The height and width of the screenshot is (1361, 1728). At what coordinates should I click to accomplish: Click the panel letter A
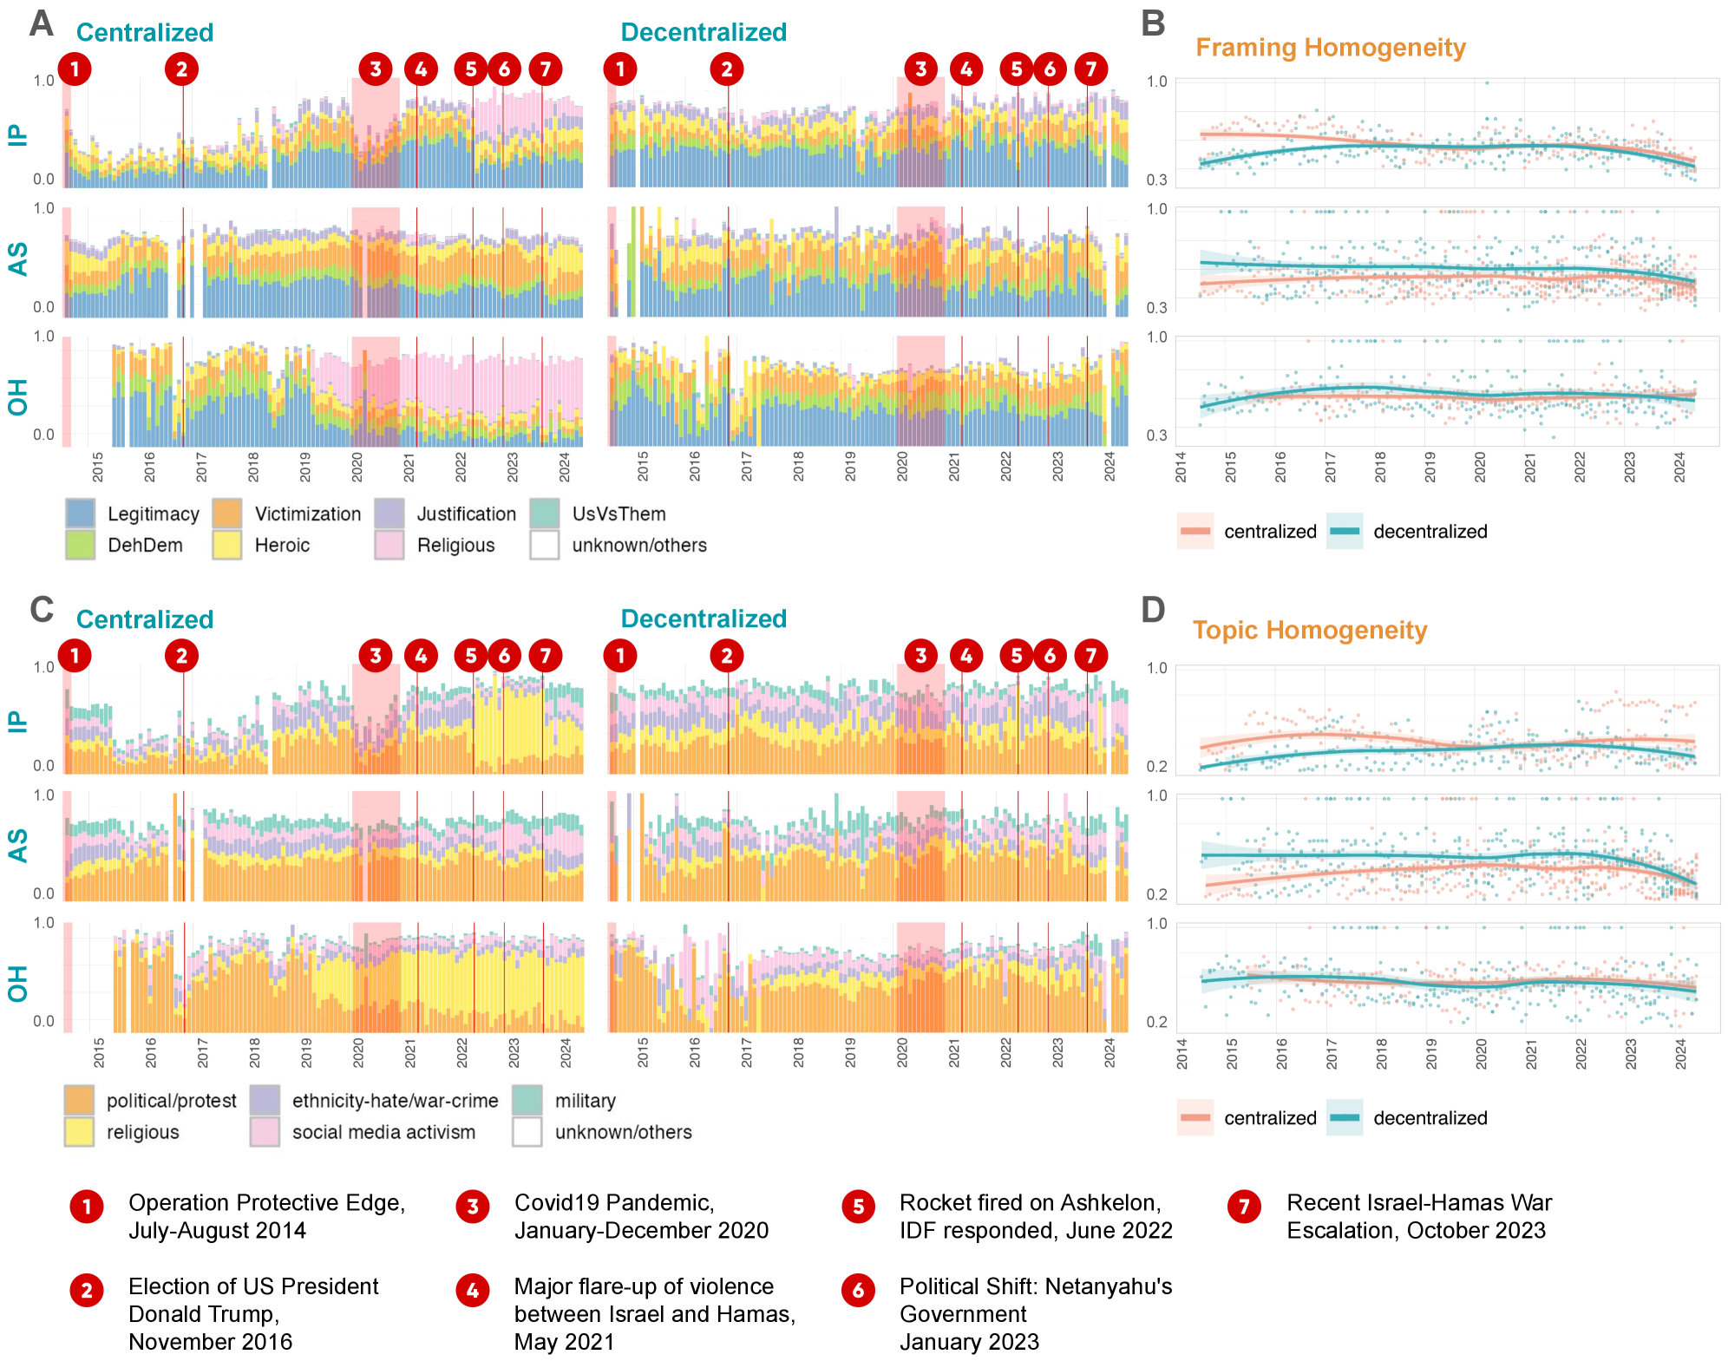(x=41, y=23)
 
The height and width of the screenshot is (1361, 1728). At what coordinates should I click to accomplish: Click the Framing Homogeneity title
(x=1330, y=48)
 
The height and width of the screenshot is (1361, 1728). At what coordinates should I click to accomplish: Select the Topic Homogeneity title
(x=1309, y=631)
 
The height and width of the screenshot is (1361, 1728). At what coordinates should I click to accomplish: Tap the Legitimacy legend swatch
(x=80, y=514)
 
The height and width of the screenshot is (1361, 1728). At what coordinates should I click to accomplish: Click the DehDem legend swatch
(x=80, y=545)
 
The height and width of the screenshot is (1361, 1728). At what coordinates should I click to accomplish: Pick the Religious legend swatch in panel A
(x=389, y=545)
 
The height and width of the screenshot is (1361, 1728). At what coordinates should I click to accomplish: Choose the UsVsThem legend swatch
(x=544, y=514)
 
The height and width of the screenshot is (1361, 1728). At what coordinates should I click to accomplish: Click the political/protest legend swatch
(x=79, y=1101)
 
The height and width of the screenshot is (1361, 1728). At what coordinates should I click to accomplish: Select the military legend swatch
(x=527, y=1101)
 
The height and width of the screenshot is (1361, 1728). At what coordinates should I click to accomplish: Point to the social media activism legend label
(x=383, y=1132)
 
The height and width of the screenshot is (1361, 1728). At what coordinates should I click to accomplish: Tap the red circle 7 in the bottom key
(x=1244, y=1207)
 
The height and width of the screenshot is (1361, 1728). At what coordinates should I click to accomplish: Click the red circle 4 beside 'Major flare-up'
(x=472, y=1291)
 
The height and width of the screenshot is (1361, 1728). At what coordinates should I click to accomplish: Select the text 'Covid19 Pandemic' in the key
(x=614, y=1203)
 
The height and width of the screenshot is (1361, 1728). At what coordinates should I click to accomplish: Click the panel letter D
(x=1152, y=610)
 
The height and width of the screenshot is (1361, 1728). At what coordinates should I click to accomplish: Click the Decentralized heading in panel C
(x=704, y=618)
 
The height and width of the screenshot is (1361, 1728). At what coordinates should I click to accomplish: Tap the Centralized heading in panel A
(x=145, y=33)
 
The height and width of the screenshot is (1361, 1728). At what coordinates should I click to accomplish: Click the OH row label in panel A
(x=18, y=397)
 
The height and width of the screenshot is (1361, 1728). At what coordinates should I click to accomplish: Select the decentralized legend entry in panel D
(x=1430, y=1118)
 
